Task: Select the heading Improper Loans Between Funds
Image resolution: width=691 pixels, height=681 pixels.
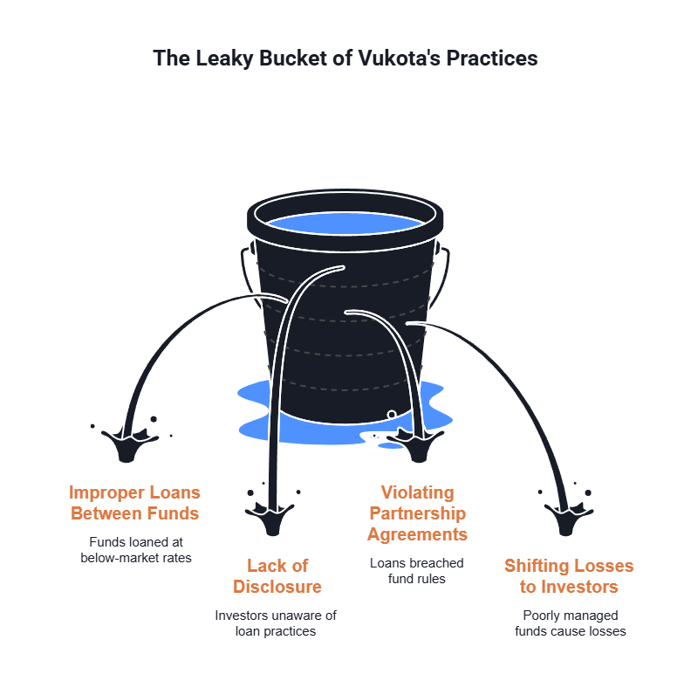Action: tap(134, 502)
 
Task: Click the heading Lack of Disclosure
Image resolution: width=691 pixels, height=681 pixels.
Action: tap(277, 575)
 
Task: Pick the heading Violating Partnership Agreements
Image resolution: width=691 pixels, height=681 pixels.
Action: tap(417, 513)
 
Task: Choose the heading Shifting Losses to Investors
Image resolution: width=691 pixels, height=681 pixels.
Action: tap(569, 575)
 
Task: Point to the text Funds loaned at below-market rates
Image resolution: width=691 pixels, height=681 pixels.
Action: tap(134, 549)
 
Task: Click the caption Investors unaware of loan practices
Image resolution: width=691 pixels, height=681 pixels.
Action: tap(276, 623)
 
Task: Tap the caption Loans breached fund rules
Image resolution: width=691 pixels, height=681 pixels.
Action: tap(416, 571)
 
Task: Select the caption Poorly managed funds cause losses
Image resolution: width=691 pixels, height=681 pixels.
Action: tap(570, 623)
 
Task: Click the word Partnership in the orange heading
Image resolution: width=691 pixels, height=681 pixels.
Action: tap(417, 513)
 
